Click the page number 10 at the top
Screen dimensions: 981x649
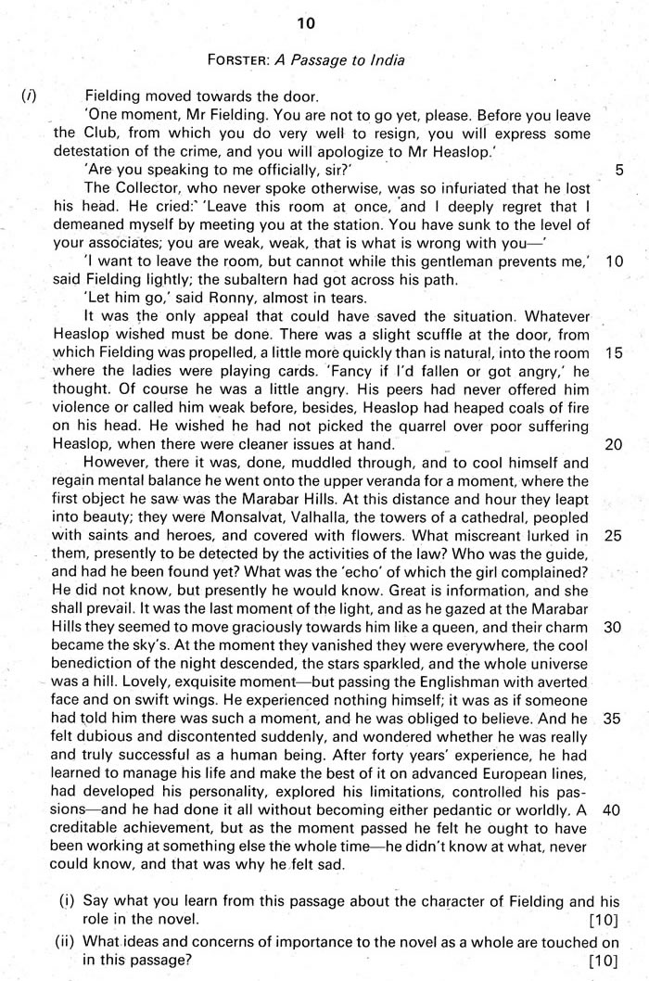pyautogui.click(x=324, y=22)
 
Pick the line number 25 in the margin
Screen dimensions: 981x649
pyautogui.click(x=613, y=535)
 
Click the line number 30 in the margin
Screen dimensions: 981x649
pyautogui.click(x=613, y=626)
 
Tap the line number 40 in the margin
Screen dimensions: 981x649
pyautogui.click(x=613, y=808)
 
